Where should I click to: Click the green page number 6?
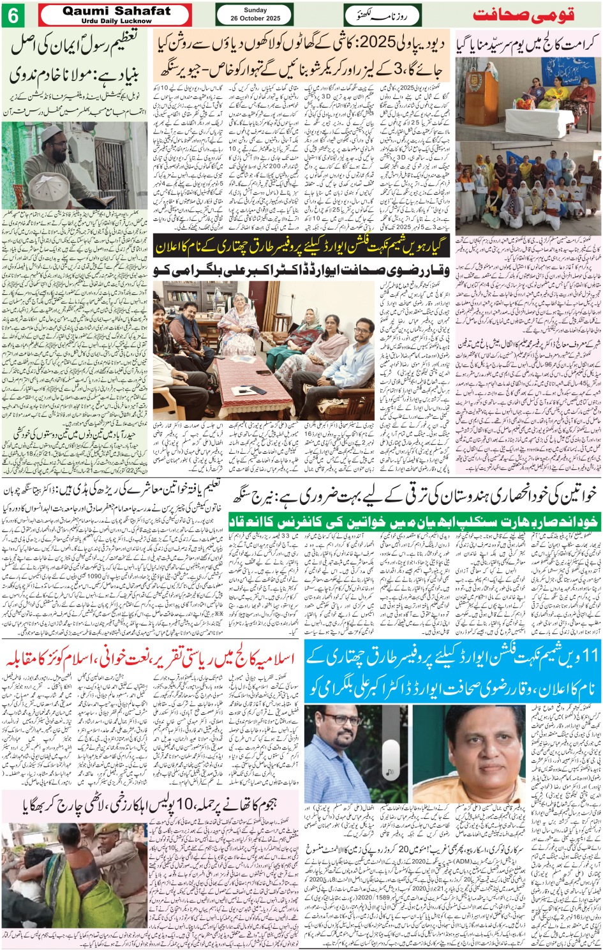coord(13,15)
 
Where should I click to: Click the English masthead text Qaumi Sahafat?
coord(117,11)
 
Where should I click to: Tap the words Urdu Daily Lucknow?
coord(117,21)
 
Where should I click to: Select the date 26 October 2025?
coord(255,19)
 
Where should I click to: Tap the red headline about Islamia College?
coord(150,660)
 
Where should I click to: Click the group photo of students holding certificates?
coord(528,191)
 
